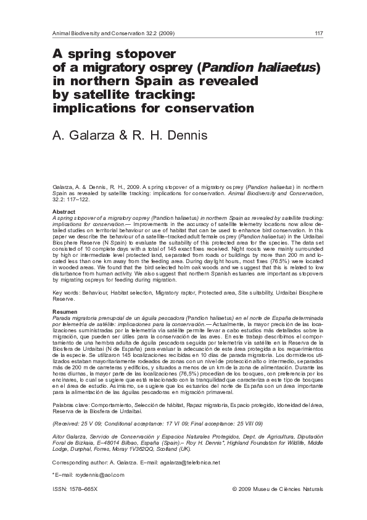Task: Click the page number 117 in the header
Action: [318, 33]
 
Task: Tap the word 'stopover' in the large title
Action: [142, 54]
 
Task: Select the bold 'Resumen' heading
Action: [65, 311]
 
